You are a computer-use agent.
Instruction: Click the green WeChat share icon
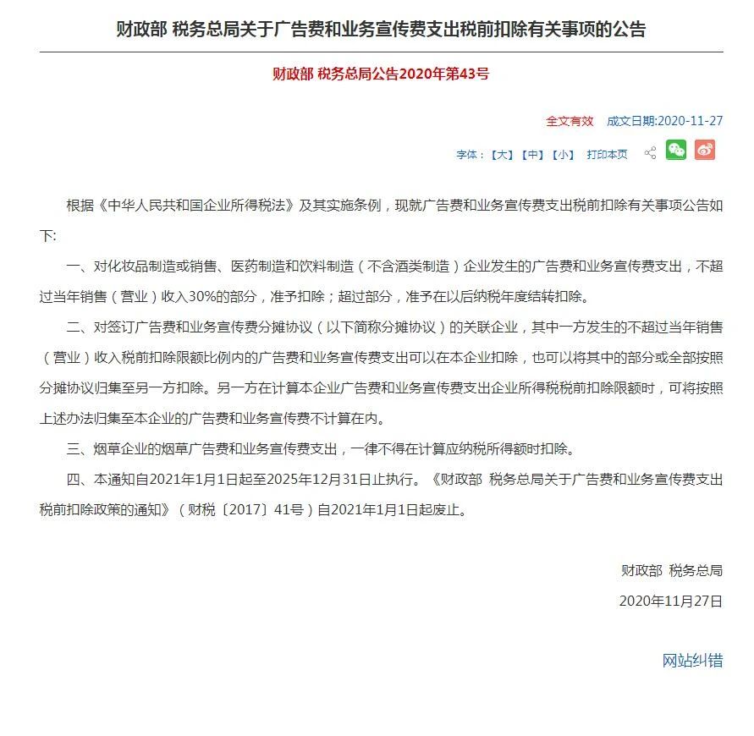point(675,151)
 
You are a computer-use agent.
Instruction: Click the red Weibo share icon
point(705,151)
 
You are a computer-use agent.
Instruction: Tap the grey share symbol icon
point(650,153)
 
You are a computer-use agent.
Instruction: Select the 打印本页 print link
point(607,155)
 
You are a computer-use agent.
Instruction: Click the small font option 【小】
point(562,155)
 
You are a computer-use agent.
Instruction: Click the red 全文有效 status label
point(570,121)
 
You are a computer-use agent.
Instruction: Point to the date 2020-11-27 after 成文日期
point(690,121)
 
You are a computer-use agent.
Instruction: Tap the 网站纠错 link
point(692,661)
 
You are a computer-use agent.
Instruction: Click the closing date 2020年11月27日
point(671,601)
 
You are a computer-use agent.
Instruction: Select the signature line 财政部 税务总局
point(672,571)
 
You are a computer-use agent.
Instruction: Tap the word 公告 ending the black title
point(627,30)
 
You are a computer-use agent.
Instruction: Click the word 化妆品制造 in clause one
point(148,266)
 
